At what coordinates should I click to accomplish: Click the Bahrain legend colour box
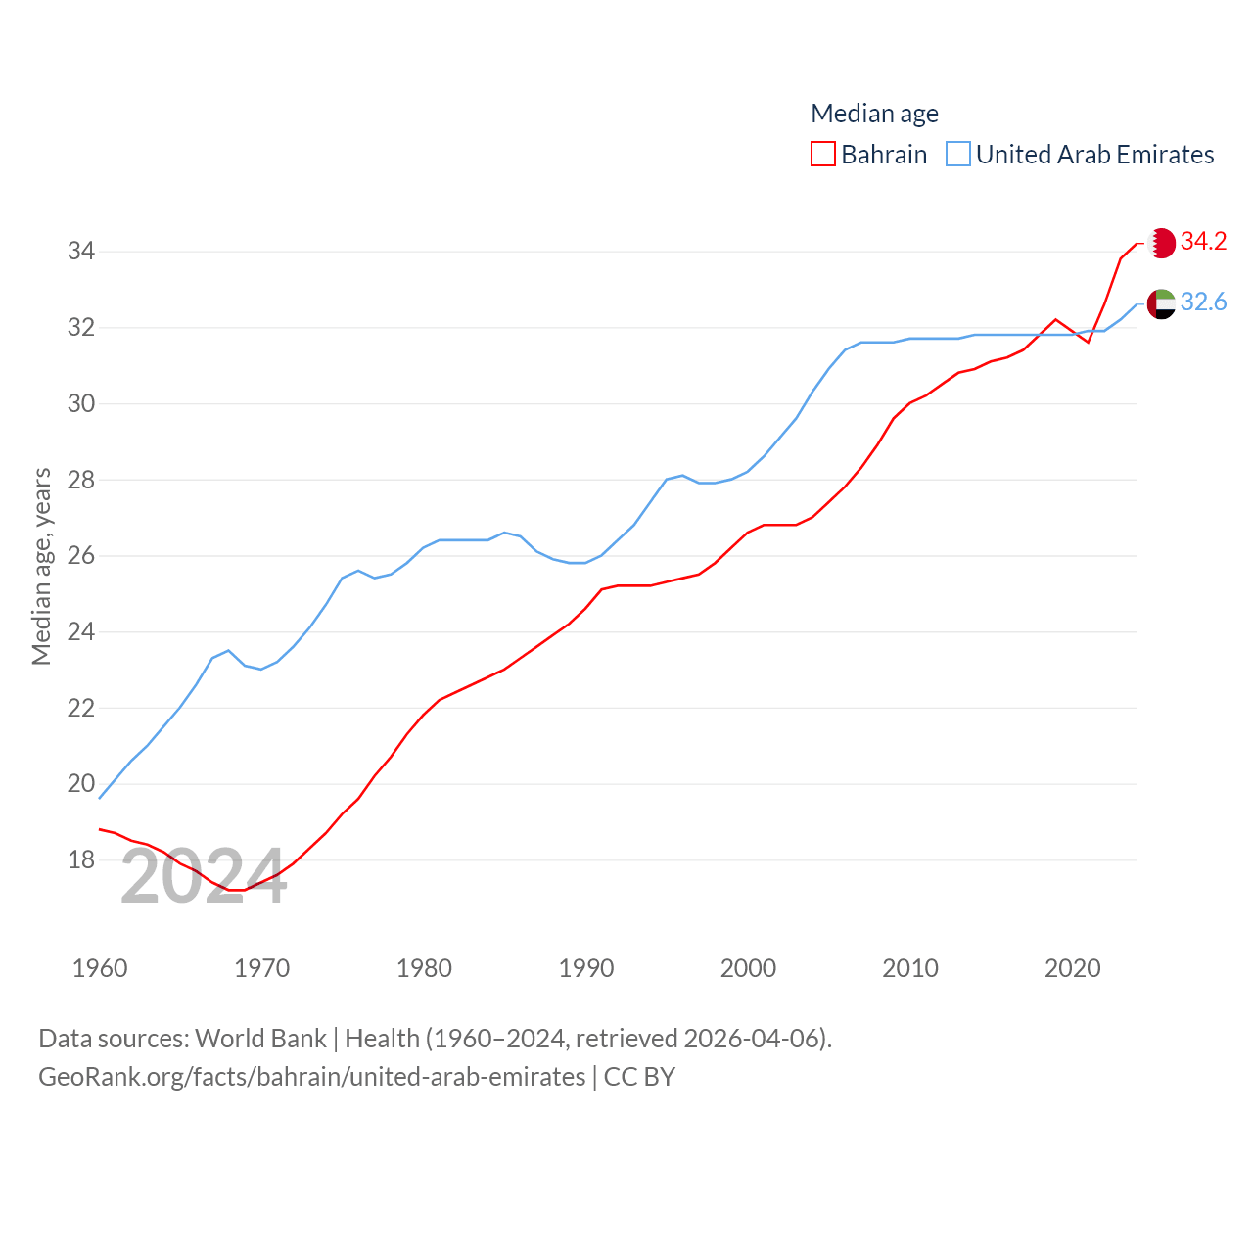point(823,155)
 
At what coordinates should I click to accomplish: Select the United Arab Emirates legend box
point(958,155)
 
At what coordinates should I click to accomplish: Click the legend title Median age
point(874,114)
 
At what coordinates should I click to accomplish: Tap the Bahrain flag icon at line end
point(1161,243)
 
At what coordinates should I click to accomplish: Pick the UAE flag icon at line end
point(1161,303)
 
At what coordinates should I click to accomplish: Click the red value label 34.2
point(1203,241)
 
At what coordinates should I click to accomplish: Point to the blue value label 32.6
point(1203,302)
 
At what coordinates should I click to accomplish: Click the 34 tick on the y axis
point(81,252)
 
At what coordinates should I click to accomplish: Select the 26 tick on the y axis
point(81,556)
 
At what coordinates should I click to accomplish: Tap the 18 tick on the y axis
point(81,860)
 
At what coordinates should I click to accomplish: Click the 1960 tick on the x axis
point(100,968)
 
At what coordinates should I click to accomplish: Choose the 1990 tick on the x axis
point(586,968)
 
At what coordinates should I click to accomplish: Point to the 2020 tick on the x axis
point(1073,968)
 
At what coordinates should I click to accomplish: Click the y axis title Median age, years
point(41,567)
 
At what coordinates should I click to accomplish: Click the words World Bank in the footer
point(260,1038)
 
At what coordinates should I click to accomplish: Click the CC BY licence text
point(639,1077)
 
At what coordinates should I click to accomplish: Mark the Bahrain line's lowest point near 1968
point(235,890)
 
